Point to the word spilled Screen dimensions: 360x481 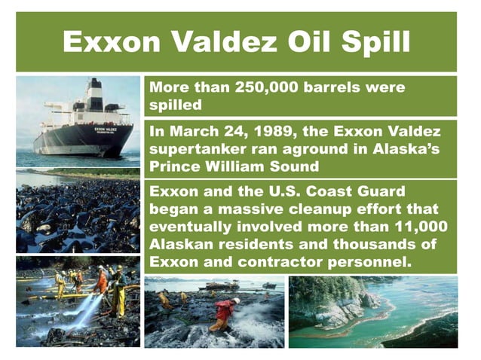(176, 105)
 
